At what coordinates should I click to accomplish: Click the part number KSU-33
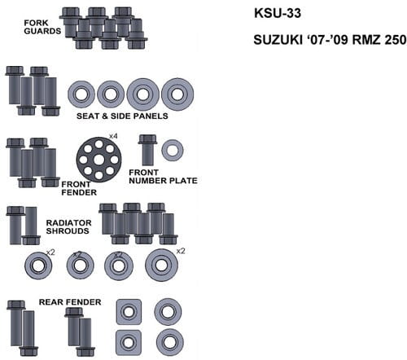(278, 13)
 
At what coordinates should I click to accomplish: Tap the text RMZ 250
(379, 40)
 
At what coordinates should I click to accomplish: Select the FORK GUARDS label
(42, 27)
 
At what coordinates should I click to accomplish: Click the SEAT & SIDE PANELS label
(122, 116)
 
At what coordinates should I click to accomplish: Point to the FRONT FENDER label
(79, 188)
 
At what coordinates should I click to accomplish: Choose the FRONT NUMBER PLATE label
(163, 177)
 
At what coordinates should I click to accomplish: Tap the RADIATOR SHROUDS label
(68, 226)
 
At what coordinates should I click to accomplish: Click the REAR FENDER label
(70, 302)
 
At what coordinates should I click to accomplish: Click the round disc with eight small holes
(98, 160)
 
